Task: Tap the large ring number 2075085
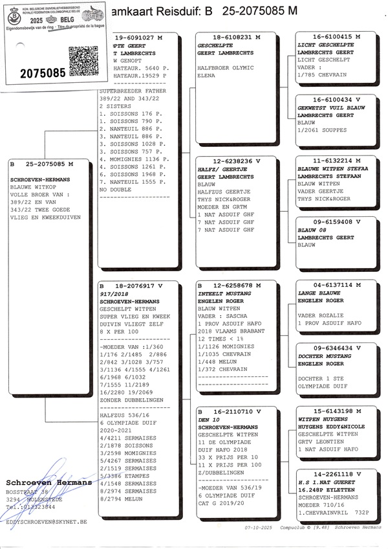(34, 73)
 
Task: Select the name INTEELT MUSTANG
(224, 293)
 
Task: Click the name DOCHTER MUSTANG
(323, 356)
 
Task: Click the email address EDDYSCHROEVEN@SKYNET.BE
(46, 521)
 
